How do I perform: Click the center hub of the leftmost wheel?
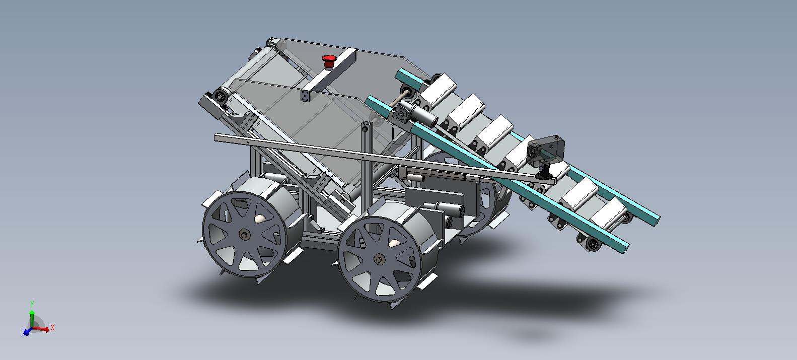point(245,235)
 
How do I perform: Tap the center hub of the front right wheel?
point(379,260)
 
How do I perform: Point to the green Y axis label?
point(32,304)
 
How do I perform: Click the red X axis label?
point(52,328)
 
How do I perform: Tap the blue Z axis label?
point(24,332)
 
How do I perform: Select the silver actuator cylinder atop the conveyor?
point(424,117)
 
